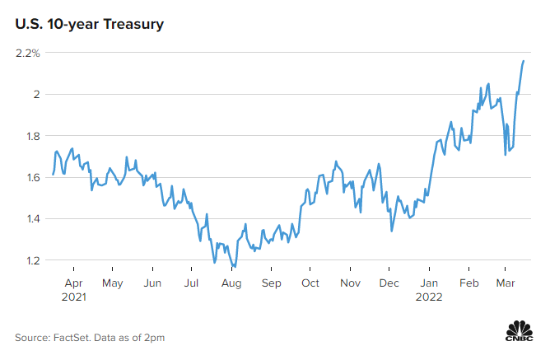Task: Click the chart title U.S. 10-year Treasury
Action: click(88, 25)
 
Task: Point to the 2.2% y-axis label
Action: click(27, 54)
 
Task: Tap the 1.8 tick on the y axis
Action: click(32, 136)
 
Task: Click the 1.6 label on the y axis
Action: click(32, 177)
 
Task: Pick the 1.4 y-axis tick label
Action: click(32, 219)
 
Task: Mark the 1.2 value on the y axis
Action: click(32, 260)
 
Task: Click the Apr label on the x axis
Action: click(72, 283)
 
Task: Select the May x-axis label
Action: click(112, 283)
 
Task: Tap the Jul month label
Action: click(191, 283)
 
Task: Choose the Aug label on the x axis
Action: click(231, 283)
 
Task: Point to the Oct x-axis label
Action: click(310, 283)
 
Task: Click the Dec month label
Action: click(389, 283)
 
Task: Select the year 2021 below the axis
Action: click(74, 297)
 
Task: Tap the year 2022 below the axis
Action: click(429, 297)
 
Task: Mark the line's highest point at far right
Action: click(524, 60)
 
